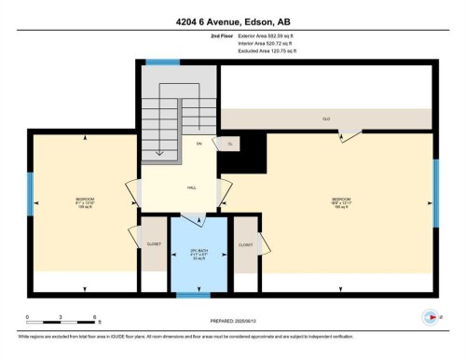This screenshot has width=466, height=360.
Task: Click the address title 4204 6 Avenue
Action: (x=232, y=21)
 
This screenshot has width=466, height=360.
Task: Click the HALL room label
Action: (x=190, y=187)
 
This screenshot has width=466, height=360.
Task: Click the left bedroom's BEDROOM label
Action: (x=85, y=201)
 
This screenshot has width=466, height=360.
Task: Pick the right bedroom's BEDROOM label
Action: (x=342, y=201)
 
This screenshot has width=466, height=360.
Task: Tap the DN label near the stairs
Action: (x=199, y=144)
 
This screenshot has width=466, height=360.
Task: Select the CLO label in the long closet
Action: (x=326, y=119)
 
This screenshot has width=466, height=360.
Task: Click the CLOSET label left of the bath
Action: (x=154, y=244)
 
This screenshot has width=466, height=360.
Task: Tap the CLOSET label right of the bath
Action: (x=245, y=244)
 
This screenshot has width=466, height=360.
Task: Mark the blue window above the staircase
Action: (x=162, y=62)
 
